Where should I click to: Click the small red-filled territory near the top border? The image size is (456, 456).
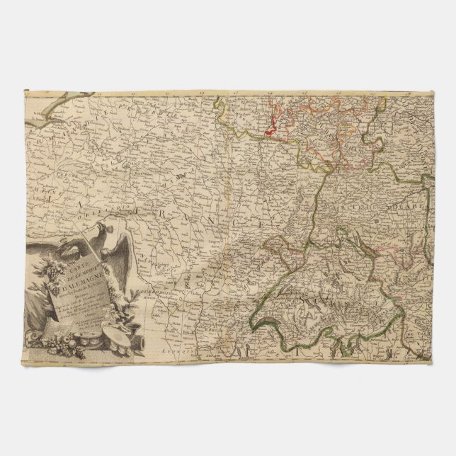click(x=270, y=130)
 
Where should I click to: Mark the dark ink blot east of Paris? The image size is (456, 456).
click(x=181, y=173)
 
